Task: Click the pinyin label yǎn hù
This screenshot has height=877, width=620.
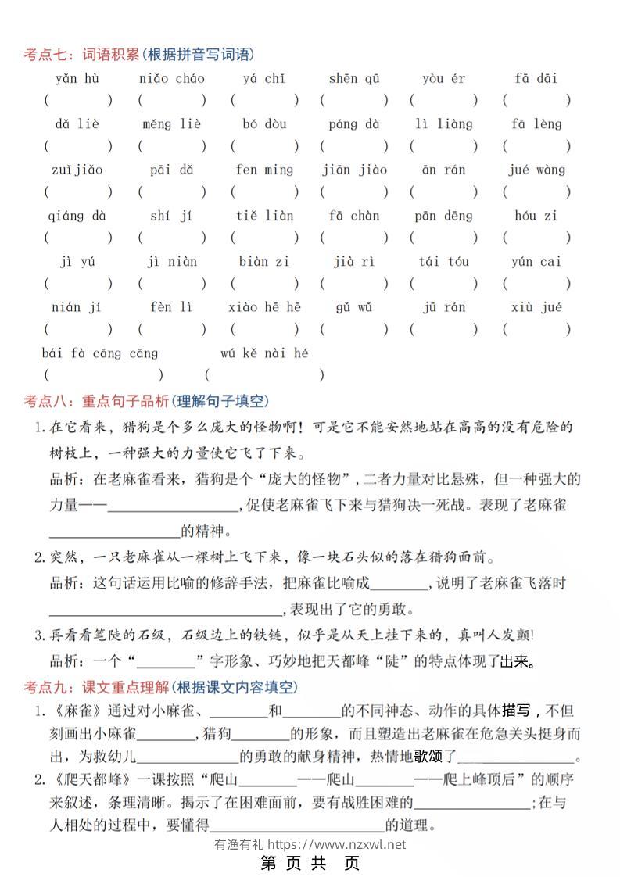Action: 77,78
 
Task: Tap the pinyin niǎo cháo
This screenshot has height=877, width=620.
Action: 171,78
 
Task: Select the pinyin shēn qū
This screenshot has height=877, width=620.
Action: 353,78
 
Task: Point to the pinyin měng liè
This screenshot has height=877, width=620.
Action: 171,124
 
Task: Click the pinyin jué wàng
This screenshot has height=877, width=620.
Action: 536,170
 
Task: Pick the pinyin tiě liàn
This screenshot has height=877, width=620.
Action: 264,216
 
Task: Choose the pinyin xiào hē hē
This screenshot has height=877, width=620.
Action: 264,307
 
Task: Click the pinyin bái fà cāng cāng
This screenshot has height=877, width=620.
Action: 99,353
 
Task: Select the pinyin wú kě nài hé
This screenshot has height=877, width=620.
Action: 264,353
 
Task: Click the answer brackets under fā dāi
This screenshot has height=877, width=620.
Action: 536,100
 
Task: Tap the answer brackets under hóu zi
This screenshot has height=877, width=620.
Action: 536,238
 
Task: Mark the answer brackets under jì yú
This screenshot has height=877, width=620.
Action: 77,284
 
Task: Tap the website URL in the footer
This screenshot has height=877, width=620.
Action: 336,844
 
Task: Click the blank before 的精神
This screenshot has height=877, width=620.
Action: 114,532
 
